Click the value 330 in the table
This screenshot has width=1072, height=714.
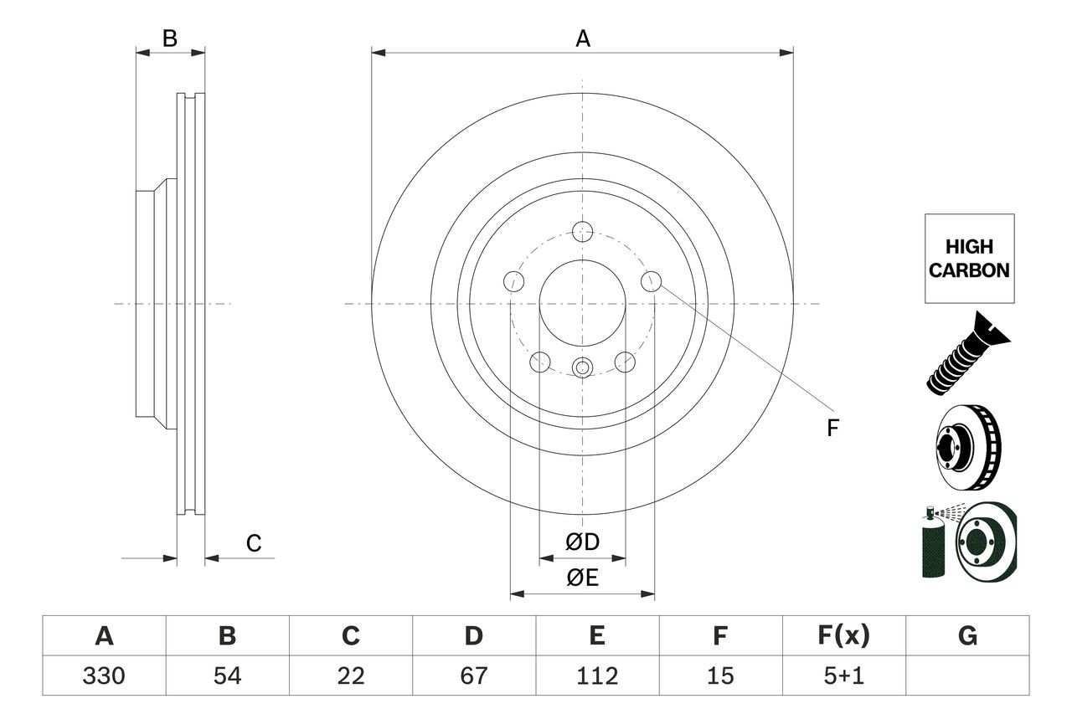(x=104, y=675)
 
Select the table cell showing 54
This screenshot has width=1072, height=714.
(x=227, y=675)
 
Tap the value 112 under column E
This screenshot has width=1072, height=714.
(x=596, y=675)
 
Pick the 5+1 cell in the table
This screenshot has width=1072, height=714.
(x=843, y=675)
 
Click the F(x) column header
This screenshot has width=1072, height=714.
(x=843, y=636)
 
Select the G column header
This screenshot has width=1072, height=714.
(x=967, y=636)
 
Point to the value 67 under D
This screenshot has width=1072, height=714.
(x=473, y=675)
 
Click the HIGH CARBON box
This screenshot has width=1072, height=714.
(x=969, y=259)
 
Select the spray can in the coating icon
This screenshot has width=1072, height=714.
(x=932, y=545)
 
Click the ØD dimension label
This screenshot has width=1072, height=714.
(x=582, y=542)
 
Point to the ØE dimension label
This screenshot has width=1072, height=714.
(x=582, y=578)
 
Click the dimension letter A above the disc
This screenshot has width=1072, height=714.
(x=582, y=39)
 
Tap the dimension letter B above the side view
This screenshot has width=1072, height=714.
(x=170, y=39)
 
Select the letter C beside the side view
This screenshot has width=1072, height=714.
(x=254, y=544)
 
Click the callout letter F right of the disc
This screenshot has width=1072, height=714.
(x=832, y=429)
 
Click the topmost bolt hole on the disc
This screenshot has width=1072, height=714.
(x=582, y=231)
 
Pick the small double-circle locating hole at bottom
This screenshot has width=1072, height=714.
(x=582, y=367)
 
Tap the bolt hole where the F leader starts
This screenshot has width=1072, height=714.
(x=652, y=282)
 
